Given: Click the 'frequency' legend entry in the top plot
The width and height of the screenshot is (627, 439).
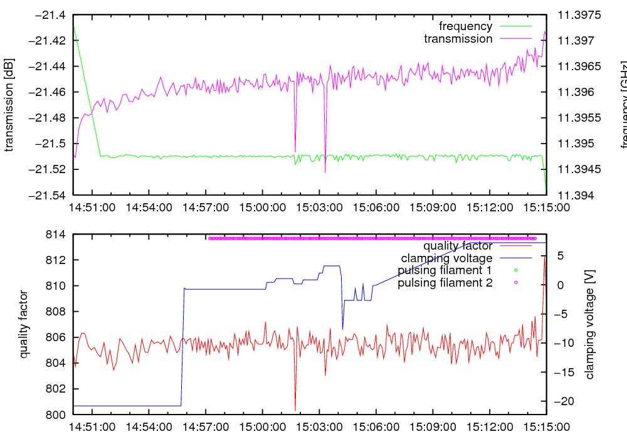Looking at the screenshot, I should pos(465,26).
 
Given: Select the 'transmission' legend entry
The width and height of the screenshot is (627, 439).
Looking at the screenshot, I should pos(458,39).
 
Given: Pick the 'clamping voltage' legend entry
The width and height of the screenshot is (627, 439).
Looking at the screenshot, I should pos(446,258).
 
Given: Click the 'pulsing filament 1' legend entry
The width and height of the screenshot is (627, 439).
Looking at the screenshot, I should pos(445,271).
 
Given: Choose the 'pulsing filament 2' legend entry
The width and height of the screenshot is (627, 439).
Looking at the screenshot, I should pos(445,283).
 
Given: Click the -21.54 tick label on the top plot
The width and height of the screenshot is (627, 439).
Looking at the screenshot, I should pos(50,195).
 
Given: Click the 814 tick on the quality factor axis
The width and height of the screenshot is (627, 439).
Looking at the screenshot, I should pos(58,235).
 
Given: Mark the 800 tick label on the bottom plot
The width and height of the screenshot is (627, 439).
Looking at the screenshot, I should pos(58,415).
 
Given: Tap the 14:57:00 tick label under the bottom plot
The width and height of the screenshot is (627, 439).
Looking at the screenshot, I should pos(206,426).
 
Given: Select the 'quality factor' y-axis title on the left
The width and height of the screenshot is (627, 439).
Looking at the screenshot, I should pos(24,324).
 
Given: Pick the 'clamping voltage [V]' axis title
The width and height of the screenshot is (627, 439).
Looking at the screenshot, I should pos(589,324).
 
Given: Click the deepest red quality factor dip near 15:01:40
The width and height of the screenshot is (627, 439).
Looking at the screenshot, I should pos(295,410).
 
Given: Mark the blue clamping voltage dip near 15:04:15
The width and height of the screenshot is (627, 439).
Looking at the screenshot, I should pos(342,328).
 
